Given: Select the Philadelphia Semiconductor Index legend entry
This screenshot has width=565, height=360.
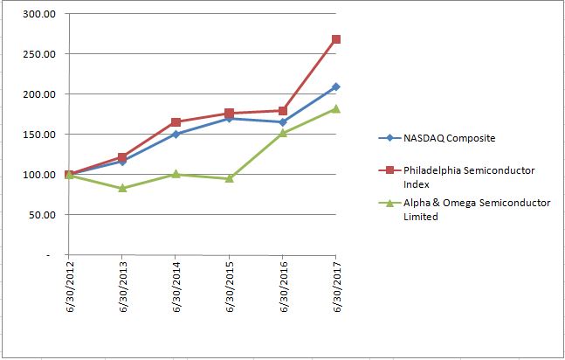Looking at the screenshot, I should [x=467, y=176].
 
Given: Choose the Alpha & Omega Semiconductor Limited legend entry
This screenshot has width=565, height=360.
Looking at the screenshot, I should [x=467, y=210].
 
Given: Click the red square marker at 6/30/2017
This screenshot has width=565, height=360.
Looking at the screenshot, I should [x=336, y=39].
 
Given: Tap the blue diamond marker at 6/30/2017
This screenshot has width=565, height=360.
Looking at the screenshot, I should [x=336, y=87].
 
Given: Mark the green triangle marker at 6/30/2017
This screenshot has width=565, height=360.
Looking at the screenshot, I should [x=336, y=108].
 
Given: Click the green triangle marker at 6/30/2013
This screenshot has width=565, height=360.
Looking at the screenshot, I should [x=123, y=188].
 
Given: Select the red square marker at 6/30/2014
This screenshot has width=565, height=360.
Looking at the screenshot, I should [x=176, y=122].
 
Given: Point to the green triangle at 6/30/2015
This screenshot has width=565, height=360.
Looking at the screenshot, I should [x=230, y=178].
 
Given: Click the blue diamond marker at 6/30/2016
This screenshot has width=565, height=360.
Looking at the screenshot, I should [x=283, y=122].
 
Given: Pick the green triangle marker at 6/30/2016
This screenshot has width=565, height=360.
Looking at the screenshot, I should [x=283, y=134].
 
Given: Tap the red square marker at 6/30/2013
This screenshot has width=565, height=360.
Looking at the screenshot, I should [x=123, y=158].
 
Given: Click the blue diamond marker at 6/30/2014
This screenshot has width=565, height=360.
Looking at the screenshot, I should [x=176, y=134].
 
